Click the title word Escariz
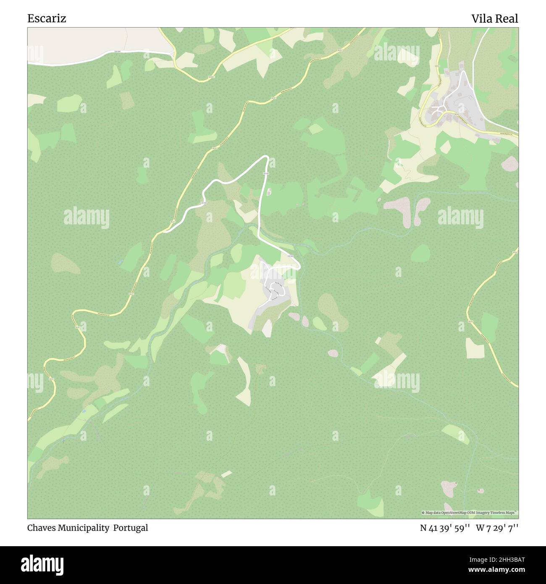(47, 18)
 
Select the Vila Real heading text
(494, 18)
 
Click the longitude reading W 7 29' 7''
(497, 528)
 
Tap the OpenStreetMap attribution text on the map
(470, 513)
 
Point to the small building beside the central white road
(269, 192)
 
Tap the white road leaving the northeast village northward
(476, 46)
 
